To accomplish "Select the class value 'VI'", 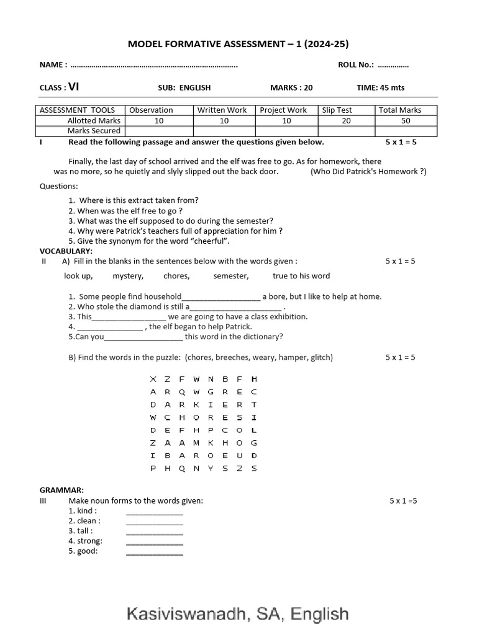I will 74,87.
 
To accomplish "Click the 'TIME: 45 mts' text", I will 380,88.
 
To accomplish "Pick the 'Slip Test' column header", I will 337,110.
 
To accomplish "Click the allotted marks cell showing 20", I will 346,121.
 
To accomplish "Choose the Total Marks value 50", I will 406,121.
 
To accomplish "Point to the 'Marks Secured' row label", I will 94,131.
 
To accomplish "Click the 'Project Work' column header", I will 283,110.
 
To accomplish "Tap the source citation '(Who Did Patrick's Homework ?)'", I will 368,172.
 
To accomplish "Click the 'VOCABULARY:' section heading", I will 66,251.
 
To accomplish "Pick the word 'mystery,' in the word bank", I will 128,276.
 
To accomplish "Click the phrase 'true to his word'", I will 301,276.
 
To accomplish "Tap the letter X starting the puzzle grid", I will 153,379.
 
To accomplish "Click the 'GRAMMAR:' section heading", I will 61,490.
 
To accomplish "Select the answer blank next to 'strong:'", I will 155,541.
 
